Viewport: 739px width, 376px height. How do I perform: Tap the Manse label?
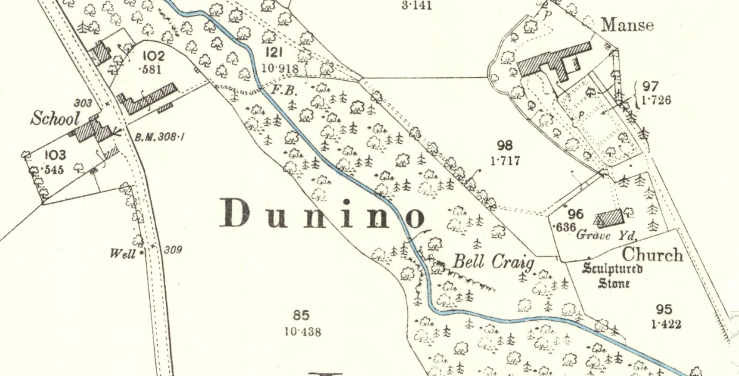tap(627, 25)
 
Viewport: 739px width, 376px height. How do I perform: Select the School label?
tap(56, 118)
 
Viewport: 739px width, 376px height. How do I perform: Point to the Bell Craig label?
tap(494, 262)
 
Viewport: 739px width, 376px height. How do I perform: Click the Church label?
tap(653, 256)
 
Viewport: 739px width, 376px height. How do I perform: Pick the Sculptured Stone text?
tap(612, 276)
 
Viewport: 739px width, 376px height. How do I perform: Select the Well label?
tap(123, 254)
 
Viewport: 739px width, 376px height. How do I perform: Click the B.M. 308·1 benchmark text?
tap(160, 136)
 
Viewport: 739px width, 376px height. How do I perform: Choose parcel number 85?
tap(301, 316)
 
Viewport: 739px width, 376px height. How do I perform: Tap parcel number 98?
tap(505, 147)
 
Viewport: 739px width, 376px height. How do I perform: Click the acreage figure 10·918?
tap(280, 68)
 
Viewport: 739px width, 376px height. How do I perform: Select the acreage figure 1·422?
tap(666, 324)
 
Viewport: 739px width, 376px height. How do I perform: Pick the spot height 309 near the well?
tap(173, 251)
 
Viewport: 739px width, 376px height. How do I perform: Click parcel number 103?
tap(54, 155)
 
